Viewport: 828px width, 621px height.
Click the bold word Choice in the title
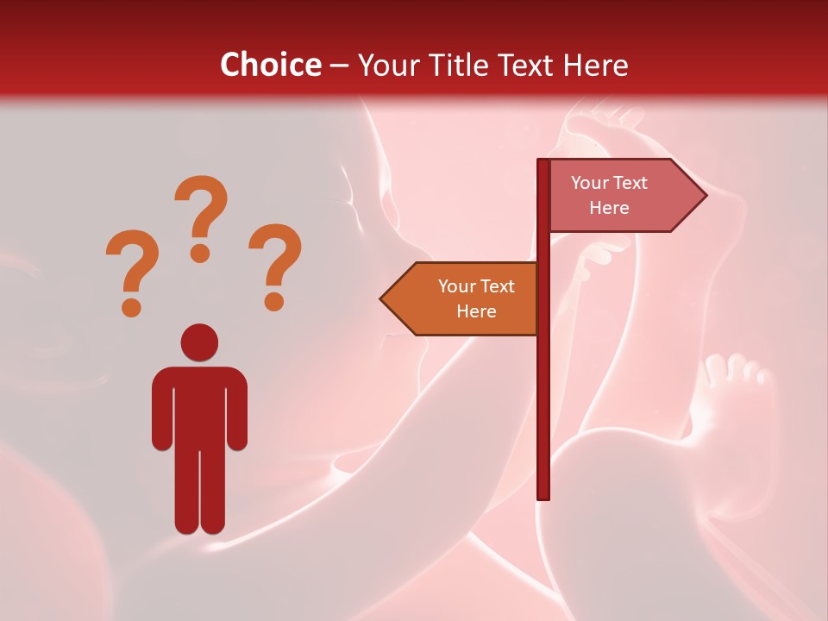coord(270,65)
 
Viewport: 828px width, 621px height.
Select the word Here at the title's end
coord(595,65)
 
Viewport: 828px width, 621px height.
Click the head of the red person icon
coord(199,342)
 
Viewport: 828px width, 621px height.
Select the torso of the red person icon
coord(199,405)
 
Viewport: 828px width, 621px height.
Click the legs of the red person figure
coord(199,492)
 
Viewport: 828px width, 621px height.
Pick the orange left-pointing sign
coord(466,298)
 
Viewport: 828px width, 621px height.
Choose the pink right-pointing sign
coord(617,196)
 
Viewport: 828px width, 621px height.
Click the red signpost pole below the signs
coord(543,414)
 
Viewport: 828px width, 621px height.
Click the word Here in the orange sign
coord(476,311)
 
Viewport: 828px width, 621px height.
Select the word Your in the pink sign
coord(590,183)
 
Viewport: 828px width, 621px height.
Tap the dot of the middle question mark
coord(201,253)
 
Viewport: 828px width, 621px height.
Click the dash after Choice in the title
coord(339,66)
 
